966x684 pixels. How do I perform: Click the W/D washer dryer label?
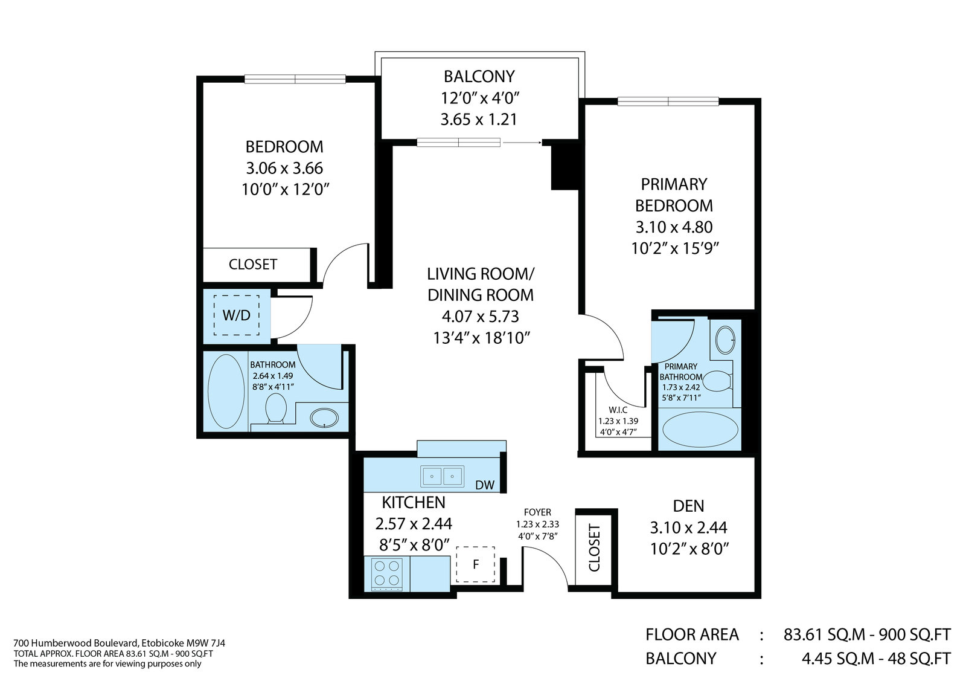click(x=236, y=315)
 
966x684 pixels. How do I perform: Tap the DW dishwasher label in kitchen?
click(x=485, y=485)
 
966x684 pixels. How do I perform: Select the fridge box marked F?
click(x=475, y=564)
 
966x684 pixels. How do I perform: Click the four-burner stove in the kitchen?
click(x=387, y=575)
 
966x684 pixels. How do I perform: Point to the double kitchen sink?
click(x=442, y=476)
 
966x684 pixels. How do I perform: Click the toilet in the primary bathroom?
click(x=717, y=381)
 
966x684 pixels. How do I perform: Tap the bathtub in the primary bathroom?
click(x=700, y=430)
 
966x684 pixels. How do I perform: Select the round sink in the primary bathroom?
click(x=725, y=340)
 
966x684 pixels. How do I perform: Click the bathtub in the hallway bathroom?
click(x=226, y=392)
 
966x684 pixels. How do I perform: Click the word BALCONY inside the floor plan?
click(x=479, y=76)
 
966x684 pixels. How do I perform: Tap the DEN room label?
click(x=688, y=506)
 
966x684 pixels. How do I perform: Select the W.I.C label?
click(x=618, y=410)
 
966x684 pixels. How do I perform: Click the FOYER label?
click(x=537, y=512)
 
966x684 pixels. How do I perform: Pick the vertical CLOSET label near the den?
click(x=594, y=548)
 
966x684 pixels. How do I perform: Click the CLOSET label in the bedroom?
click(x=253, y=264)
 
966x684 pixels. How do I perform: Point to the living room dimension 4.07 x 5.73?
click(x=480, y=317)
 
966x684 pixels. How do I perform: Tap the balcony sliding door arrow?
click(x=522, y=142)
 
